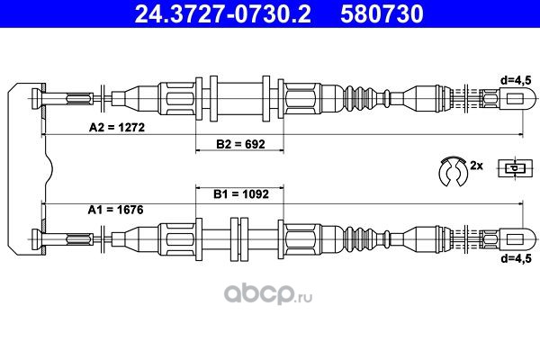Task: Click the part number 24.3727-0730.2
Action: click(222, 14)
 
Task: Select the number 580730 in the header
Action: click(382, 14)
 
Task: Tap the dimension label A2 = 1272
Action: click(117, 128)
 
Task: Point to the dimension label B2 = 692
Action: click(240, 144)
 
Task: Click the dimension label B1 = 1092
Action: click(240, 194)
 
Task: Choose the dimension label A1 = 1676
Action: click(115, 210)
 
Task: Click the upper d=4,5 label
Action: click(516, 81)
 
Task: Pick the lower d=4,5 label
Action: click(516, 258)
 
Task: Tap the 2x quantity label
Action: click(476, 166)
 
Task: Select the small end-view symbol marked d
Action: click(515, 168)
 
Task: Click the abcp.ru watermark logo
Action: click(268, 294)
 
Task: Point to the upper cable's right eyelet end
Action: click(517, 99)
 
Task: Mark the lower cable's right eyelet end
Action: click(517, 238)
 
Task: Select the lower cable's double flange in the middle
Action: click(239, 238)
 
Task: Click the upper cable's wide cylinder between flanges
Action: click(240, 99)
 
